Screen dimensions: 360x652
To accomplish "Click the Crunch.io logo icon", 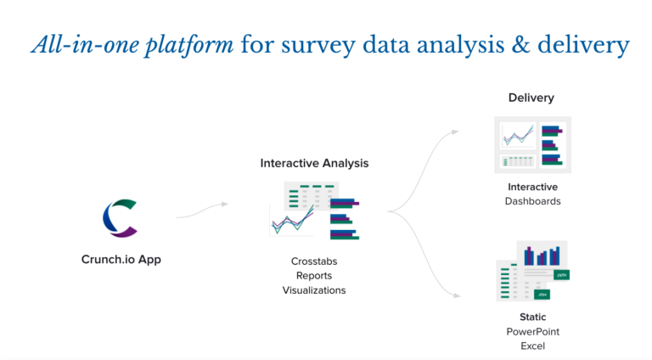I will coord(119,217).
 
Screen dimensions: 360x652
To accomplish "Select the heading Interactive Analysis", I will coord(314,163).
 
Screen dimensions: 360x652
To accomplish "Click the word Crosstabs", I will coord(314,261).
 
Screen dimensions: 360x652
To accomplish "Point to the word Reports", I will coord(314,275).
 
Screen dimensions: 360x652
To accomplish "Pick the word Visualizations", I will coord(314,290).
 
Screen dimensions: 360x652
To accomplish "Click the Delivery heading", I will coord(531,98).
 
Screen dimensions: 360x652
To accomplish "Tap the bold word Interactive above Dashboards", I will coord(532,187).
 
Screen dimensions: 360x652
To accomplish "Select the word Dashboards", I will coord(532,201).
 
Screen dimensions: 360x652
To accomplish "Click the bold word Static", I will coord(532,317).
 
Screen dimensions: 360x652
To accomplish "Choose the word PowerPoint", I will coord(532,331).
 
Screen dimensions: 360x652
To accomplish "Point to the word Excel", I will coord(532,346).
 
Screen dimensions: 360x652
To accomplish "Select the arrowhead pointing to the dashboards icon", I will coord(456,132).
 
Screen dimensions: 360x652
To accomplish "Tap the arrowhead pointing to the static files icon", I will coord(456,295).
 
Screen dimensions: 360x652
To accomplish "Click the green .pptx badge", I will coord(561,275).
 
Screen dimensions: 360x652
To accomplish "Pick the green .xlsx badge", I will coord(542,294).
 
